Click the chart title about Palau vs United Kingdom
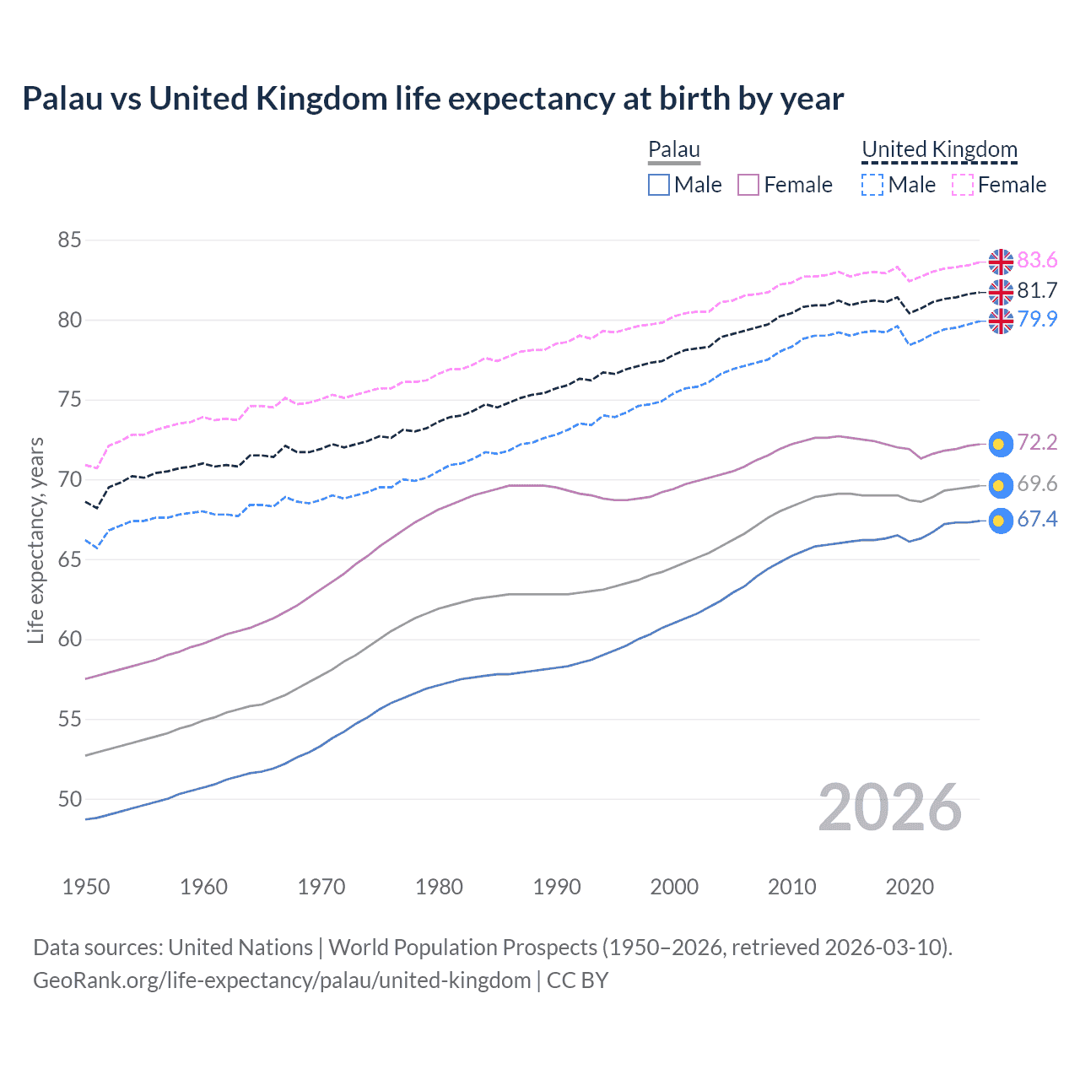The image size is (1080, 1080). [x=433, y=99]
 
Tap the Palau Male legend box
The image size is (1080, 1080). [x=659, y=185]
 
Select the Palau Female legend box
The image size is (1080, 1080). [x=748, y=185]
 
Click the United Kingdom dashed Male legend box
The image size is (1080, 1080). [x=872, y=185]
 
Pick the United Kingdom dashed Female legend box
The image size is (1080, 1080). [x=963, y=185]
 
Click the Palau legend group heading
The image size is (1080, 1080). [x=674, y=150]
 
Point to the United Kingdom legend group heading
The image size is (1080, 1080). [x=939, y=150]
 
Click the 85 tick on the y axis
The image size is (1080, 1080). [x=69, y=240]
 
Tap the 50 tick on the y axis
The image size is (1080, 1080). [x=69, y=799]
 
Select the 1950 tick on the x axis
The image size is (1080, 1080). [x=86, y=887]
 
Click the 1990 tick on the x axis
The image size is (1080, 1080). [x=557, y=887]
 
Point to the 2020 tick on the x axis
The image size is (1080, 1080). [x=910, y=887]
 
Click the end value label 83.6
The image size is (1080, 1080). [x=1037, y=261]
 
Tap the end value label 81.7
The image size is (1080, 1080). [x=1037, y=291]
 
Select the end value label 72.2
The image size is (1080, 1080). [x=1037, y=443]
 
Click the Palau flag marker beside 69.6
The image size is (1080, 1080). [x=1000, y=485]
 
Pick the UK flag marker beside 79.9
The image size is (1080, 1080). [x=1001, y=321]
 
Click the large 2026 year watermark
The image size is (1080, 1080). [x=890, y=808]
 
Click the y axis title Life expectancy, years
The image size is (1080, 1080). [x=36, y=540]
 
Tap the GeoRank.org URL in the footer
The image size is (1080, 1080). [x=282, y=980]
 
